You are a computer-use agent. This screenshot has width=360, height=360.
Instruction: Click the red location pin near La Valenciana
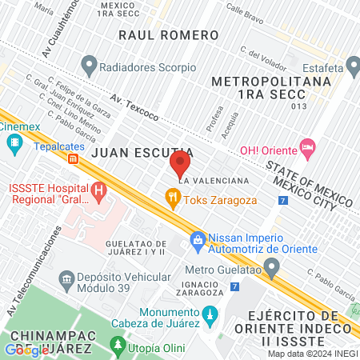179,166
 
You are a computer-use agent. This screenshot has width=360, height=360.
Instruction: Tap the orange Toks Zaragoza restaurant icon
171,197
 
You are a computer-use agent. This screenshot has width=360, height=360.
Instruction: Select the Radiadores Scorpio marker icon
90,63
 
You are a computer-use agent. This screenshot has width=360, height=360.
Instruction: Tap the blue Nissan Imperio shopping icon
196,239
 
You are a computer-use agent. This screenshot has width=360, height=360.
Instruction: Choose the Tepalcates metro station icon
74,159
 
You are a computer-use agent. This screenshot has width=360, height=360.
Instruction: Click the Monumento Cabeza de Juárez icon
210,312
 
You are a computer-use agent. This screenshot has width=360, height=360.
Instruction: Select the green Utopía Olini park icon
118,345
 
